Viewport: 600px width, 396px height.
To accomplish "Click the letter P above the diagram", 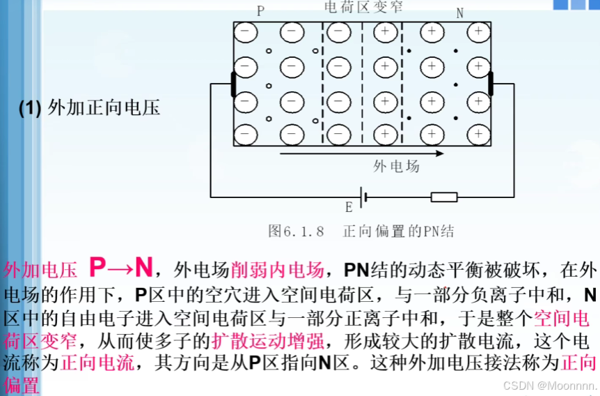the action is pos(260,11).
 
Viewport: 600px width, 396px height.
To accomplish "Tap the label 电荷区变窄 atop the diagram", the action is pos(363,8).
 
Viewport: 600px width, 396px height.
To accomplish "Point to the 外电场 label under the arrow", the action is pos(397,166).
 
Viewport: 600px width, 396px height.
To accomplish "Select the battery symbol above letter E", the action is pos(360,197).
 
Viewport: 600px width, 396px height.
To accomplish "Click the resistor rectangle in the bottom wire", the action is pos(443,197).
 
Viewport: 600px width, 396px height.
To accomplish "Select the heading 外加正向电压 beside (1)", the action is pos(104,108).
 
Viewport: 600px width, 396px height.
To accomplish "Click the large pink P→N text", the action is pos(120,268).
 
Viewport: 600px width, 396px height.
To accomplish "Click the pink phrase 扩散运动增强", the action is pos(267,342).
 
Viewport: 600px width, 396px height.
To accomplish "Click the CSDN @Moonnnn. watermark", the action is pos(549,385).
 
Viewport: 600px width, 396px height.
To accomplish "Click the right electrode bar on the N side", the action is pos(491,83).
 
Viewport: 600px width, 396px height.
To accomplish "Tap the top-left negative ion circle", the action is pos(244,32).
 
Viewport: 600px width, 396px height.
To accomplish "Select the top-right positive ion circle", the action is pos(478,32).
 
